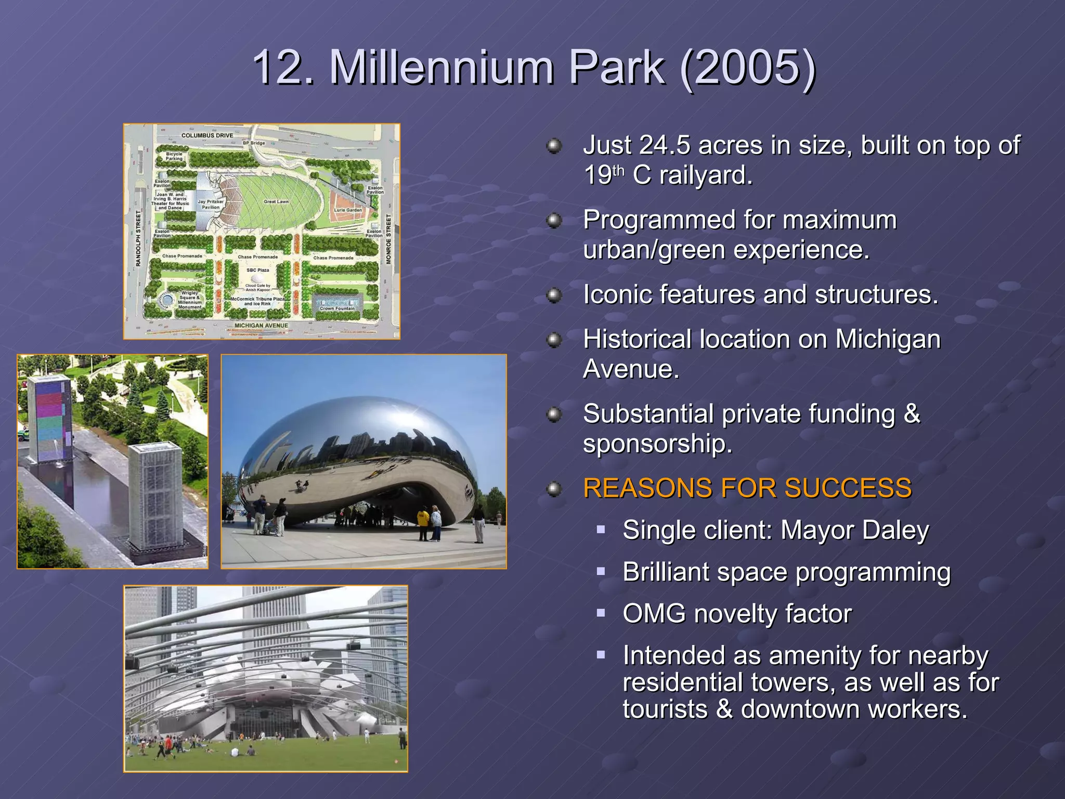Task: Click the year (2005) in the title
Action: pyautogui.click(x=748, y=68)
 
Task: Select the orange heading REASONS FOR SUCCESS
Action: pyautogui.click(x=747, y=488)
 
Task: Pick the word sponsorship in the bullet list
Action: pyautogui.click(x=657, y=444)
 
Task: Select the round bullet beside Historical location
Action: pyautogui.click(x=554, y=340)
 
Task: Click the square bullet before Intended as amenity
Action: pyautogui.click(x=601, y=655)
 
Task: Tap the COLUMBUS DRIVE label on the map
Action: pyautogui.click(x=207, y=135)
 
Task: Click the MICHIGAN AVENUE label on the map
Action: pyautogui.click(x=261, y=326)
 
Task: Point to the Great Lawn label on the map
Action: pyautogui.click(x=276, y=201)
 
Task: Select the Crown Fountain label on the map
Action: pyautogui.click(x=337, y=308)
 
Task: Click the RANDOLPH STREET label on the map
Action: pyautogui.click(x=138, y=239)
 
